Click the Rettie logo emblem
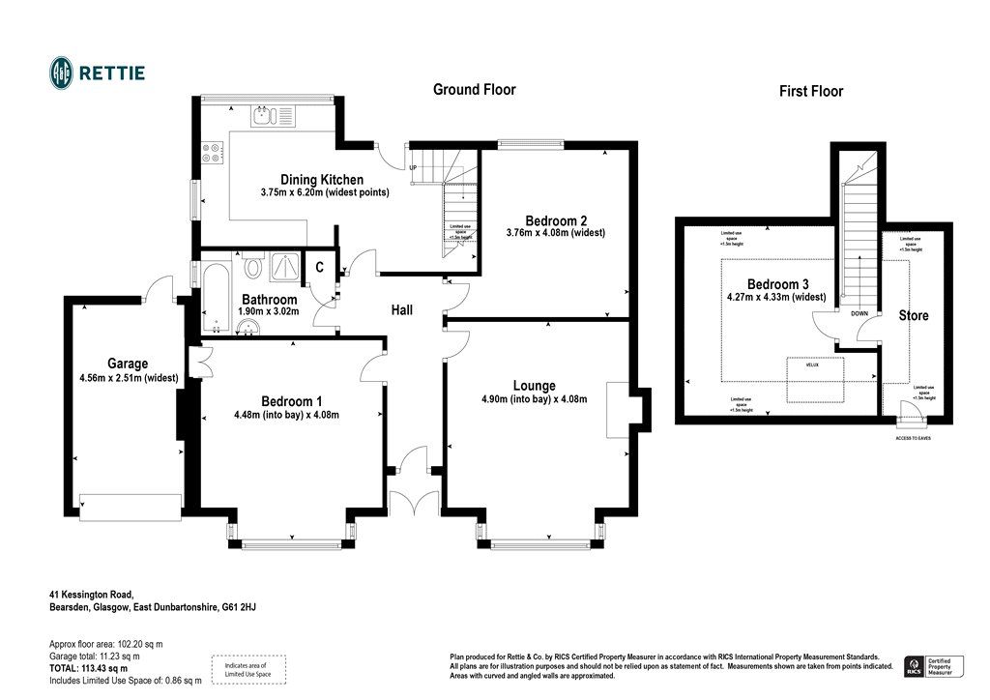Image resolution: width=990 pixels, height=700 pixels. coord(63,73)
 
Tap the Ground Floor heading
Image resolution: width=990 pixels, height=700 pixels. coord(474,90)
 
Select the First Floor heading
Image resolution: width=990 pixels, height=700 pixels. coord(811,92)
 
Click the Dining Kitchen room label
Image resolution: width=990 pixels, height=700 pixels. coord(322,180)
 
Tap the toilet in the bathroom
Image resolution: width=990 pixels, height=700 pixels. coord(254,265)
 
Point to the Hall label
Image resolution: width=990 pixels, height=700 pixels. coord(402,310)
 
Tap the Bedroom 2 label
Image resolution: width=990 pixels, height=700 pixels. coord(557,219)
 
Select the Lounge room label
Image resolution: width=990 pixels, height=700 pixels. coord(534,386)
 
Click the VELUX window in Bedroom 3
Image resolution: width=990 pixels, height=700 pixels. coord(814,379)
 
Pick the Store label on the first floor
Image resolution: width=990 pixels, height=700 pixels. coord(914,316)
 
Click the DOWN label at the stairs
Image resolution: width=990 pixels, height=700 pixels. coord(859,314)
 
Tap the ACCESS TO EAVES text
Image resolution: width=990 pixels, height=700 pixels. coord(911,438)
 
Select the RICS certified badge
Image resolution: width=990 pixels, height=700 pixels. coord(930,666)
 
